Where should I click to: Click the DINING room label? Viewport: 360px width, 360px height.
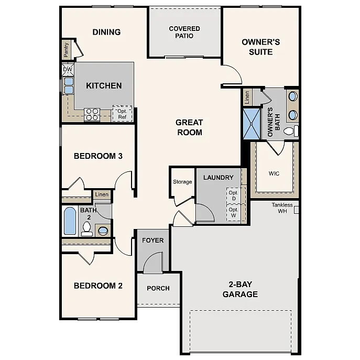pos(106,32)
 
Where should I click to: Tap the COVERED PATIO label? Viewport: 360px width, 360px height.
pos(184,32)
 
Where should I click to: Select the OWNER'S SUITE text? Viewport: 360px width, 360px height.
pos(260,47)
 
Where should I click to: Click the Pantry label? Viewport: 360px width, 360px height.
pos(66,50)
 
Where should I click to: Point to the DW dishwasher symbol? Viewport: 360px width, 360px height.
pos(68,69)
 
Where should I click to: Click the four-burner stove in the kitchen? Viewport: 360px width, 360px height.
pos(92,114)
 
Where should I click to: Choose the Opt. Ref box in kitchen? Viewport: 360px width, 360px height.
pos(122,114)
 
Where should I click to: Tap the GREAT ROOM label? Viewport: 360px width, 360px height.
pos(189,127)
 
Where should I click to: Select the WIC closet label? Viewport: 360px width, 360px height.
pos(274,173)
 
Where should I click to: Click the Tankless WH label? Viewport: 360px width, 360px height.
pos(282,208)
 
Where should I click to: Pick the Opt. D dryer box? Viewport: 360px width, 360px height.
pos(233,195)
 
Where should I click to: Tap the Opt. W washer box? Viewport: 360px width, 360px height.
pos(233,213)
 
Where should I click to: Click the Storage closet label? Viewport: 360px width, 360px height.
pos(182,182)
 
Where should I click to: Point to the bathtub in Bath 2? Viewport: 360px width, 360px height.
pos(70,221)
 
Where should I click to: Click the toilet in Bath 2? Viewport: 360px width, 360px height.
pos(87,228)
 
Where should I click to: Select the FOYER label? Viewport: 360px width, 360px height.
pos(153,241)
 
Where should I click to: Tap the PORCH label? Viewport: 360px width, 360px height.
pos(158,288)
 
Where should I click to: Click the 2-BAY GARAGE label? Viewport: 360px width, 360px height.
pos(240,289)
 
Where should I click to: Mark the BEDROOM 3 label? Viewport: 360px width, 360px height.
pos(98,156)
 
